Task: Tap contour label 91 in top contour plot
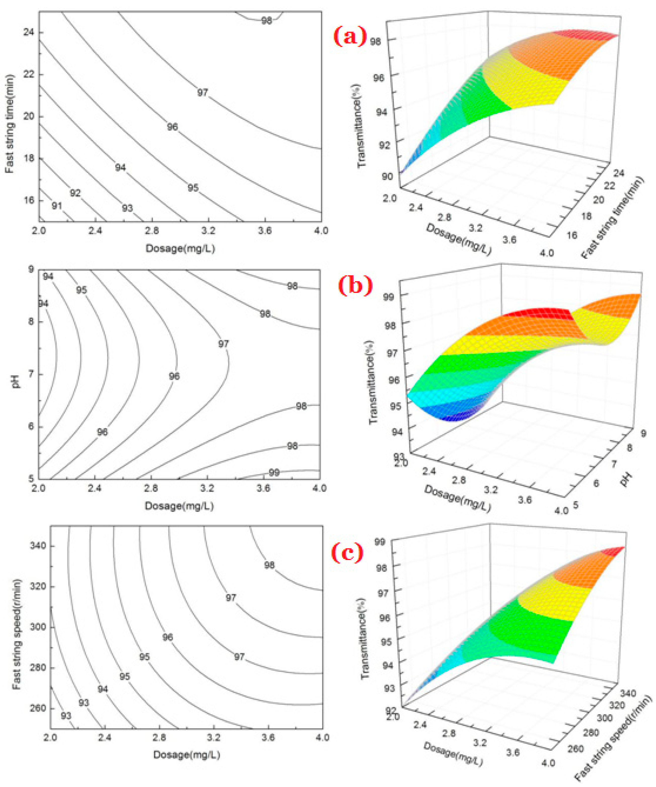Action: point(57,206)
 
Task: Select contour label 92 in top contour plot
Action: point(75,193)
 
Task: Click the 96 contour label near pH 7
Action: point(174,376)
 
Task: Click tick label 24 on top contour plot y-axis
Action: point(28,33)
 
